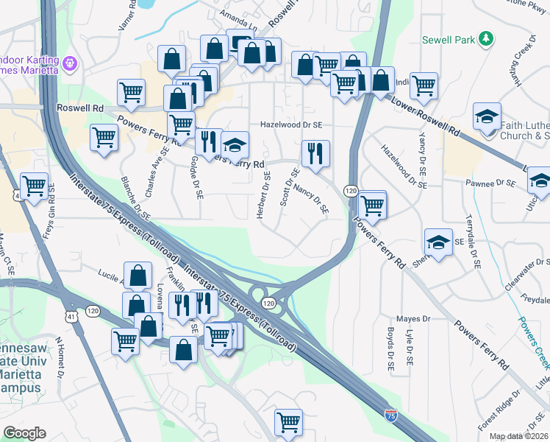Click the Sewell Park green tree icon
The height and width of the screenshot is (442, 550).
tap(485, 38)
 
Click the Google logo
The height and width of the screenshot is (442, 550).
tap(24, 433)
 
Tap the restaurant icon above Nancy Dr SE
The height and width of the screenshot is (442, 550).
tap(315, 154)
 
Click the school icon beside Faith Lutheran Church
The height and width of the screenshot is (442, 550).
tap(487, 117)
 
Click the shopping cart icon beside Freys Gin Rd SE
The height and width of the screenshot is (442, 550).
tap(34, 187)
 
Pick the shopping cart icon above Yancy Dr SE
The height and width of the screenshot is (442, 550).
tap(424, 86)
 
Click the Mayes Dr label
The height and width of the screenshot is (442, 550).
tap(413, 319)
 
